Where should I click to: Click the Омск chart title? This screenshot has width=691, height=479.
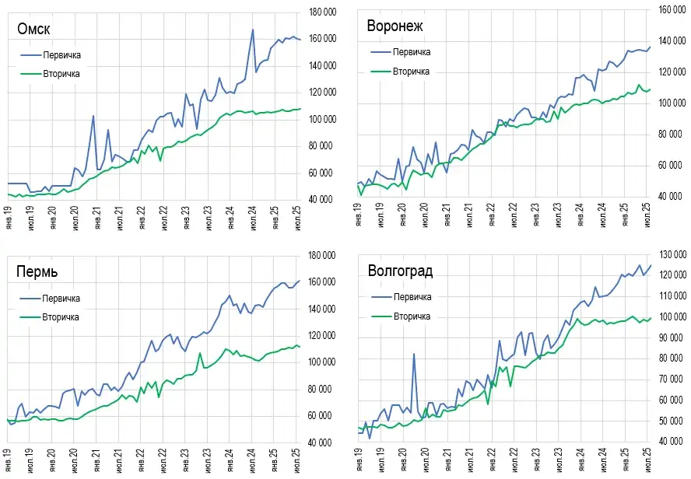34,30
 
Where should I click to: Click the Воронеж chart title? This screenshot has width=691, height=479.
395,26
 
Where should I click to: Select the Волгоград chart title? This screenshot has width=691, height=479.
400,271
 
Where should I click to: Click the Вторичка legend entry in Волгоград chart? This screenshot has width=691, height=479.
412,316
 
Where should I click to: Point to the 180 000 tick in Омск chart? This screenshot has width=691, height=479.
322,12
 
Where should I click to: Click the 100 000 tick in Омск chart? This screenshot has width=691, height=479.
322,120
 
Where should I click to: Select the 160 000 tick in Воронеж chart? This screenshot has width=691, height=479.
670,10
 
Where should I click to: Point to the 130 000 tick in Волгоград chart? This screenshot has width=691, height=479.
670,255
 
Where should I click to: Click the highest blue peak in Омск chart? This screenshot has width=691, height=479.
253,30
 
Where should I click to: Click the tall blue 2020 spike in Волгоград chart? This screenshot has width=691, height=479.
413,354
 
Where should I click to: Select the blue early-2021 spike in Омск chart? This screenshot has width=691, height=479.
93,116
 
